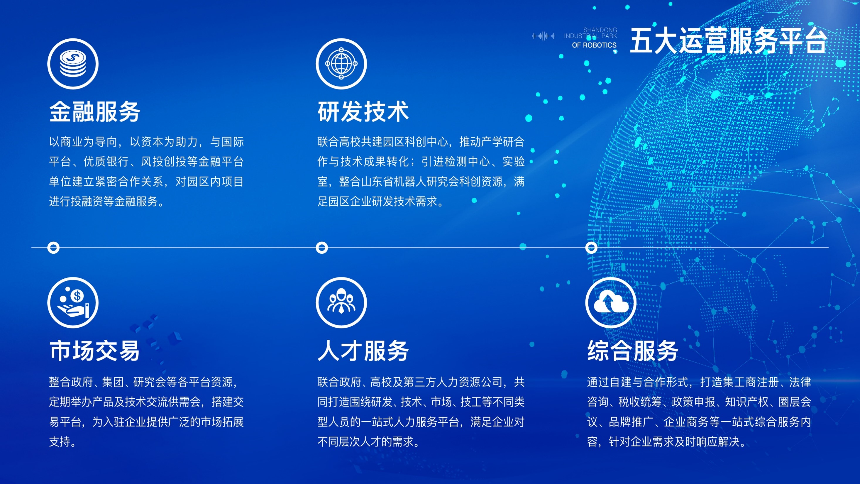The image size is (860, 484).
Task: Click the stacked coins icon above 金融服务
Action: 73,64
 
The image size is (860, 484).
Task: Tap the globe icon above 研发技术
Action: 341,64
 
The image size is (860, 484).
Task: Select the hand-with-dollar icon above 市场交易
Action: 73,303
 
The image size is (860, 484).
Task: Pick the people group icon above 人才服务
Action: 341,303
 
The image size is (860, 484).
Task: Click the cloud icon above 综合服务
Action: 611,303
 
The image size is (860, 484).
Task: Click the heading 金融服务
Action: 95,112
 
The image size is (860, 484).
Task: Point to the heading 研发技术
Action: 363,112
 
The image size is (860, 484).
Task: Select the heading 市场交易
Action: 94,351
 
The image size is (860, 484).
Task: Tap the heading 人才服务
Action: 363,351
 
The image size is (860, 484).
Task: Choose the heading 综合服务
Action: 633,351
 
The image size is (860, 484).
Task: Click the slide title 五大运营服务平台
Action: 728,41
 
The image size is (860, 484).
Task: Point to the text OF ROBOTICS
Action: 594,45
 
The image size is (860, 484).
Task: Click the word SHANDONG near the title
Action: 600,30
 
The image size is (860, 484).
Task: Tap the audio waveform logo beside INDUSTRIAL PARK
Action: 544,36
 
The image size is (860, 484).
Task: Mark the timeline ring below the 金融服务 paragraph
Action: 53,248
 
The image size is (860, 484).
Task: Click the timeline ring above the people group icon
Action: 322,248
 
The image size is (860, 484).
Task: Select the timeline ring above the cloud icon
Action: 591,248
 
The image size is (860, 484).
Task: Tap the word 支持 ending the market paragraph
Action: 60,441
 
